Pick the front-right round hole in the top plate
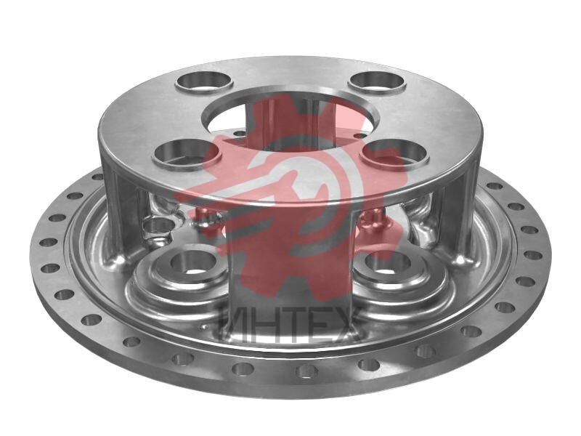pyautogui.click(x=396, y=154)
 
